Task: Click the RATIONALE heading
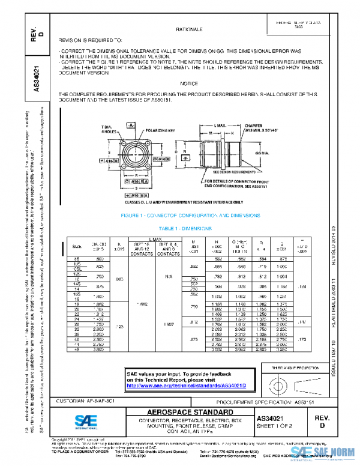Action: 188,29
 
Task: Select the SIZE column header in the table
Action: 77,247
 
